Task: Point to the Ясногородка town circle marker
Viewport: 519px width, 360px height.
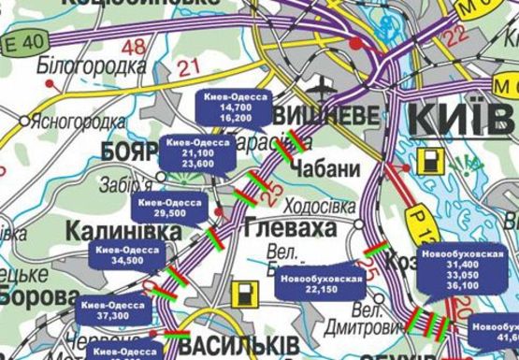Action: tap(23, 121)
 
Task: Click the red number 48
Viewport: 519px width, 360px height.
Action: tap(134, 45)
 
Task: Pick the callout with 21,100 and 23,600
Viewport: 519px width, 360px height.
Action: tap(197, 152)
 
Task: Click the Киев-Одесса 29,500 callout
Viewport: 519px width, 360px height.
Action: tap(170, 208)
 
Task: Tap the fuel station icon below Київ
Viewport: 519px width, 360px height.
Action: tap(433, 160)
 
